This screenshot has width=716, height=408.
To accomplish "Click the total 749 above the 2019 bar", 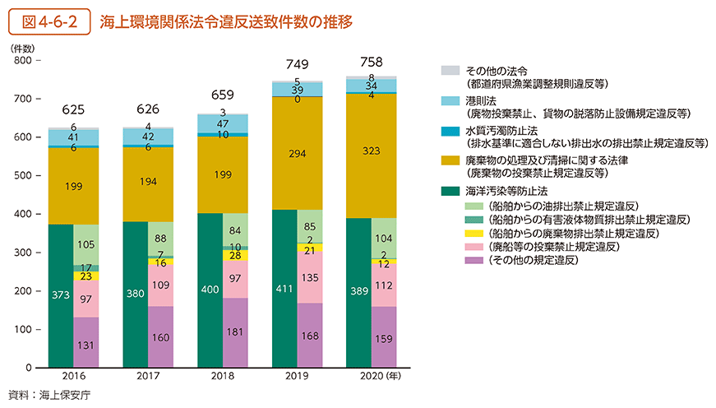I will pyautogui.click(x=297, y=65).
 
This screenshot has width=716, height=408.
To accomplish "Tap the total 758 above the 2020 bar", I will pyautogui.click(x=371, y=62).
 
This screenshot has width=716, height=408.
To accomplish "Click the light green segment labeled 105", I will pyautogui.click(x=86, y=244).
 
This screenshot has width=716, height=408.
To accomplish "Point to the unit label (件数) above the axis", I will pyautogui.click(x=22, y=48).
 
